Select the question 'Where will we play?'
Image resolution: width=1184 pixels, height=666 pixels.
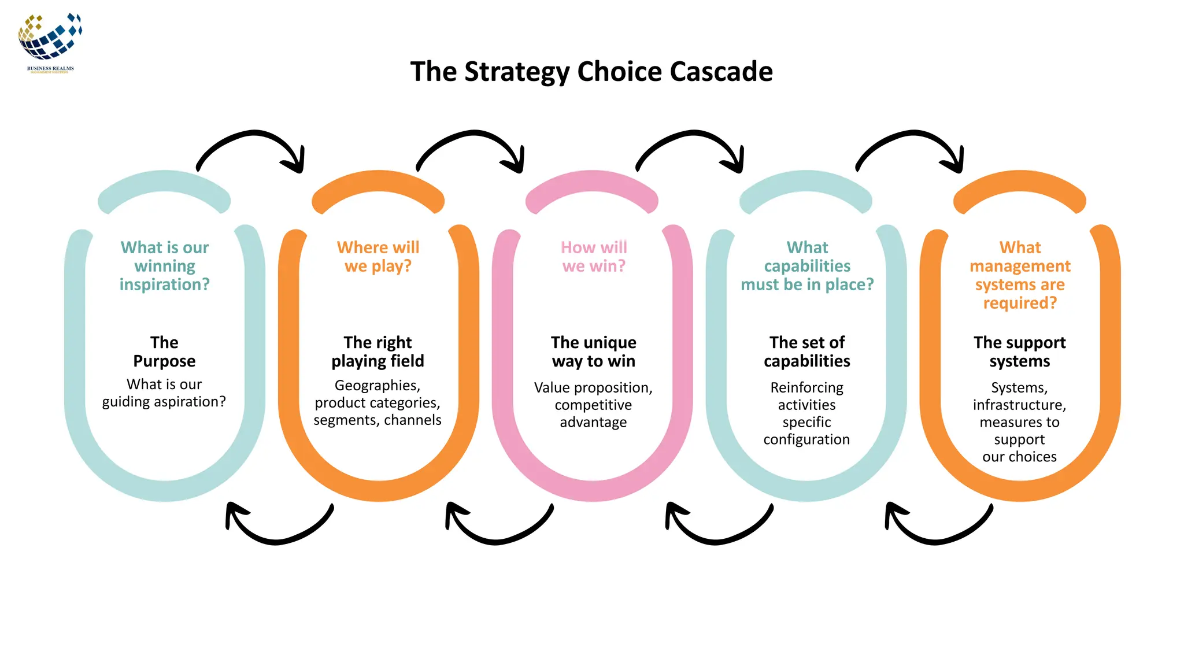coord(378,257)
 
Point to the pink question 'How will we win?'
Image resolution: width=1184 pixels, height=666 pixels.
coord(594,257)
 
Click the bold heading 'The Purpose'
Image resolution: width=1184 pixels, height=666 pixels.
coord(164,351)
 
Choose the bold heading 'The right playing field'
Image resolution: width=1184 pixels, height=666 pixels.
coord(378,351)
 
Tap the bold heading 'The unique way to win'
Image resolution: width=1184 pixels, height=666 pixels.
coord(594,351)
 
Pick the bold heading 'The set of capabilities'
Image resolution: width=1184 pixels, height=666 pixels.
coord(807,351)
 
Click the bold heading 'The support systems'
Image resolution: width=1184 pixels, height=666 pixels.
coord(1020,351)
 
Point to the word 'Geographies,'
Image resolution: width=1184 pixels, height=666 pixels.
coord(378,386)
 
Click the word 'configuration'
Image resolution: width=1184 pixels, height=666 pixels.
coord(806,440)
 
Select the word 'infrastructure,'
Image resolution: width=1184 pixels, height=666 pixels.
coord(1020,405)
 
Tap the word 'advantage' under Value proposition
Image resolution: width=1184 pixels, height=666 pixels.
coord(593,423)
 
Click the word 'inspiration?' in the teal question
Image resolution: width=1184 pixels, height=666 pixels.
coord(165,284)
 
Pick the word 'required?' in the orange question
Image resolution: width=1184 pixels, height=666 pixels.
coord(1020,303)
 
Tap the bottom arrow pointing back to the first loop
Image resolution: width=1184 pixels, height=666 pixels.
coord(277,529)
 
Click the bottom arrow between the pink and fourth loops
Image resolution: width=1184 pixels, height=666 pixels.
coord(717,529)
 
